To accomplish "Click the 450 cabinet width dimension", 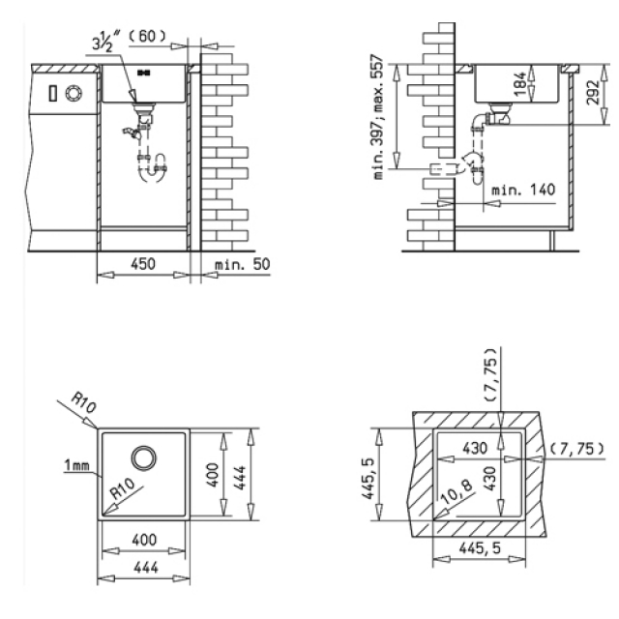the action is (x=143, y=264).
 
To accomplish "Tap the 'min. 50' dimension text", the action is (x=242, y=264).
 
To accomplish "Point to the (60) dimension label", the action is (x=147, y=37).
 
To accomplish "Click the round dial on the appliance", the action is (x=74, y=94).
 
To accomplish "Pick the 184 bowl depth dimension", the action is (x=521, y=84).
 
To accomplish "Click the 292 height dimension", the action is (x=593, y=93).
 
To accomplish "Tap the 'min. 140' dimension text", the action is (x=523, y=190).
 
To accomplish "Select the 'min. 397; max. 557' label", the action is (x=378, y=117).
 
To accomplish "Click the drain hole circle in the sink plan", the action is (x=144, y=457).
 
